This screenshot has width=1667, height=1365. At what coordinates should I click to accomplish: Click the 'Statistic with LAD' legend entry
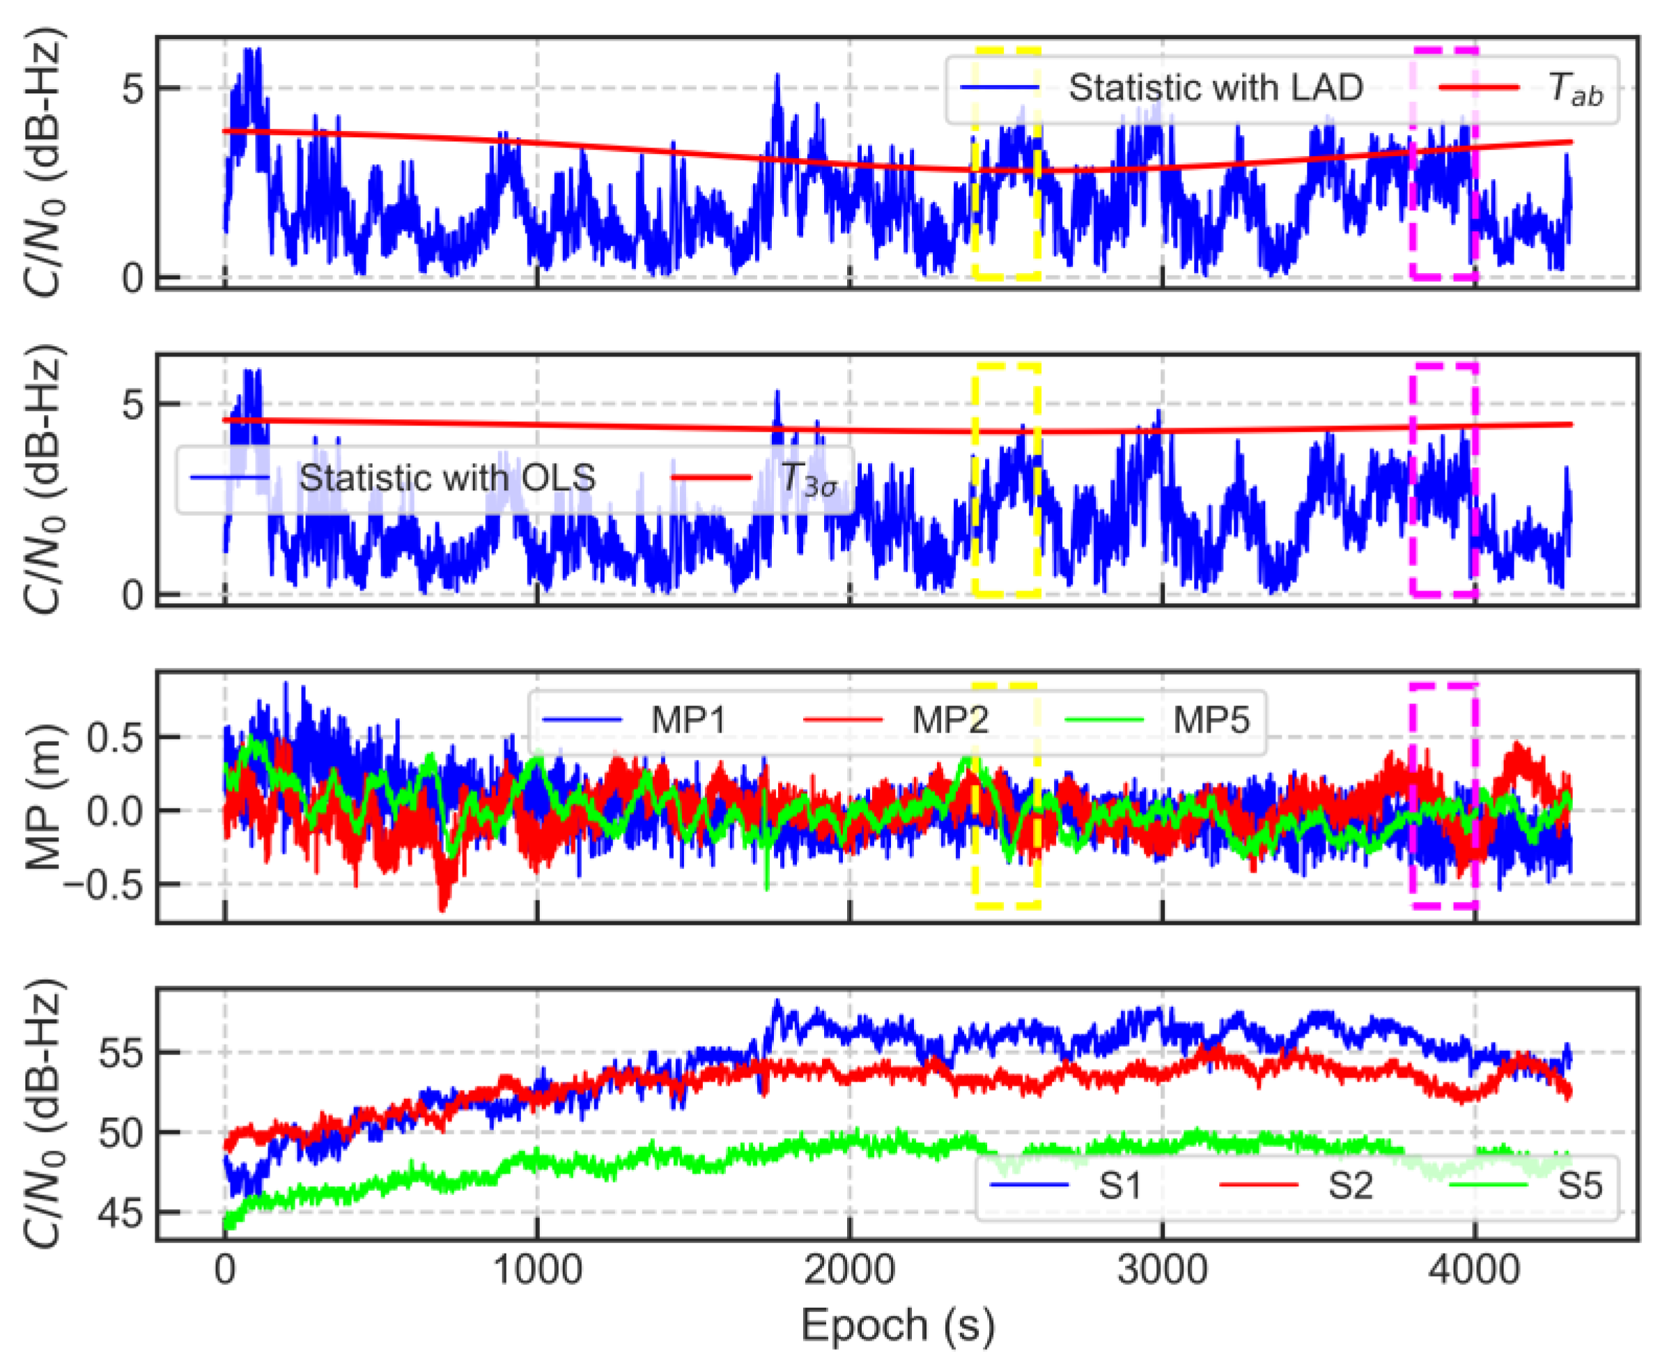coord(1215,87)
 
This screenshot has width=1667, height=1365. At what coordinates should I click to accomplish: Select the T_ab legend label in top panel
coord(1575,89)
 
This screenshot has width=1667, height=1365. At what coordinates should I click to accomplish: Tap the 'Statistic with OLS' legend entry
coord(447,477)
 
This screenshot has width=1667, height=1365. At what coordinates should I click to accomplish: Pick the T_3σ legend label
coord(807,479)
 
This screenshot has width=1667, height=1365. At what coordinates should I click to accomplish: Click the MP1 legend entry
coord(688,719)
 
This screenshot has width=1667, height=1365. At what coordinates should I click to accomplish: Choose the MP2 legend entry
coord(949,719)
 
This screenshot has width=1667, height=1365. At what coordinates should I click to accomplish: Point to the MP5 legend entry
coord(1211,719)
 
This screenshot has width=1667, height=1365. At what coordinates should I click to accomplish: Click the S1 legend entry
coord(1119,1185)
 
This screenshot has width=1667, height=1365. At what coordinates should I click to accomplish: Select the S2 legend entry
coord(1350,1185)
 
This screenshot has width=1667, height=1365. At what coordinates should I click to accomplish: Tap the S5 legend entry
coord(1580,1185)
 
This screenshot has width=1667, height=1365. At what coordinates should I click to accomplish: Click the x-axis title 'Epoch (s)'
coord(897,1325)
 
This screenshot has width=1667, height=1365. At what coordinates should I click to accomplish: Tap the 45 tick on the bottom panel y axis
coord(120,1214)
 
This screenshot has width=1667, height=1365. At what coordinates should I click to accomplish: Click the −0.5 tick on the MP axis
coord(104,884)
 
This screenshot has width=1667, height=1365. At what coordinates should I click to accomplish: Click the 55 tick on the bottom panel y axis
coord(120,1053)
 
